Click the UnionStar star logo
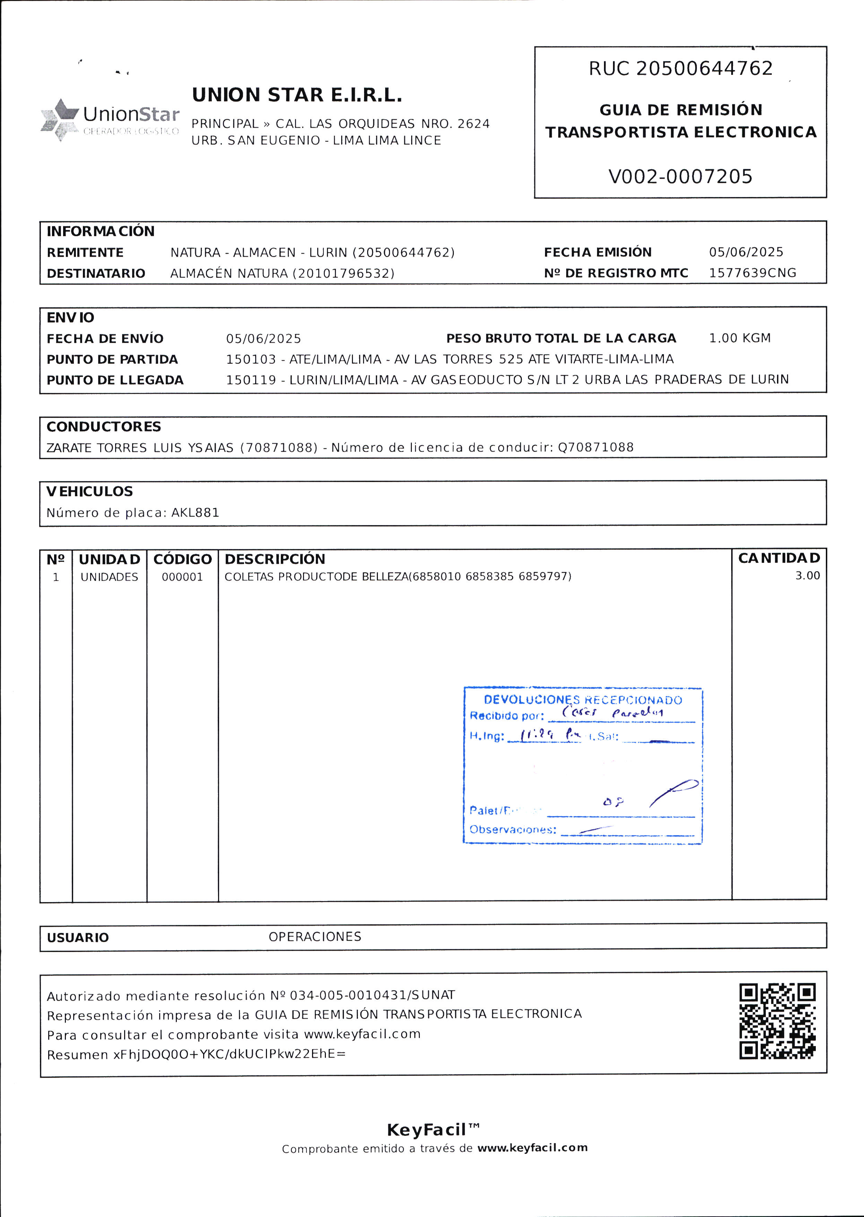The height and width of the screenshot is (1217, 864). (x=60, y=119)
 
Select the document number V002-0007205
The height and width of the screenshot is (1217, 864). (x=681, y=177)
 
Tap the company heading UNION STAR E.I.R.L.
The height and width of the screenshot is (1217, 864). (x=297, y=95)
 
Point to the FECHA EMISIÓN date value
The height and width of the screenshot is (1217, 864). (x=746, y=252)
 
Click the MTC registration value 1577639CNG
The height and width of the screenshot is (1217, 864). (x=752, y=273)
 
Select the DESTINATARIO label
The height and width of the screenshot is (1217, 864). (x=96, y=274)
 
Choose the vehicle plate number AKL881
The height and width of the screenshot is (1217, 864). (x=195, y=513)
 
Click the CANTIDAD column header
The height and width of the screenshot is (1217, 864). (x=779, y=558)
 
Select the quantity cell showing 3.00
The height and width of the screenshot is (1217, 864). (x=807, y=576)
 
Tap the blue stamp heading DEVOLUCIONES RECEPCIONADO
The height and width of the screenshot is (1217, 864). (x=582, y=700)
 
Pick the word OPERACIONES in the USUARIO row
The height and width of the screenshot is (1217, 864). (x=314, y=936)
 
